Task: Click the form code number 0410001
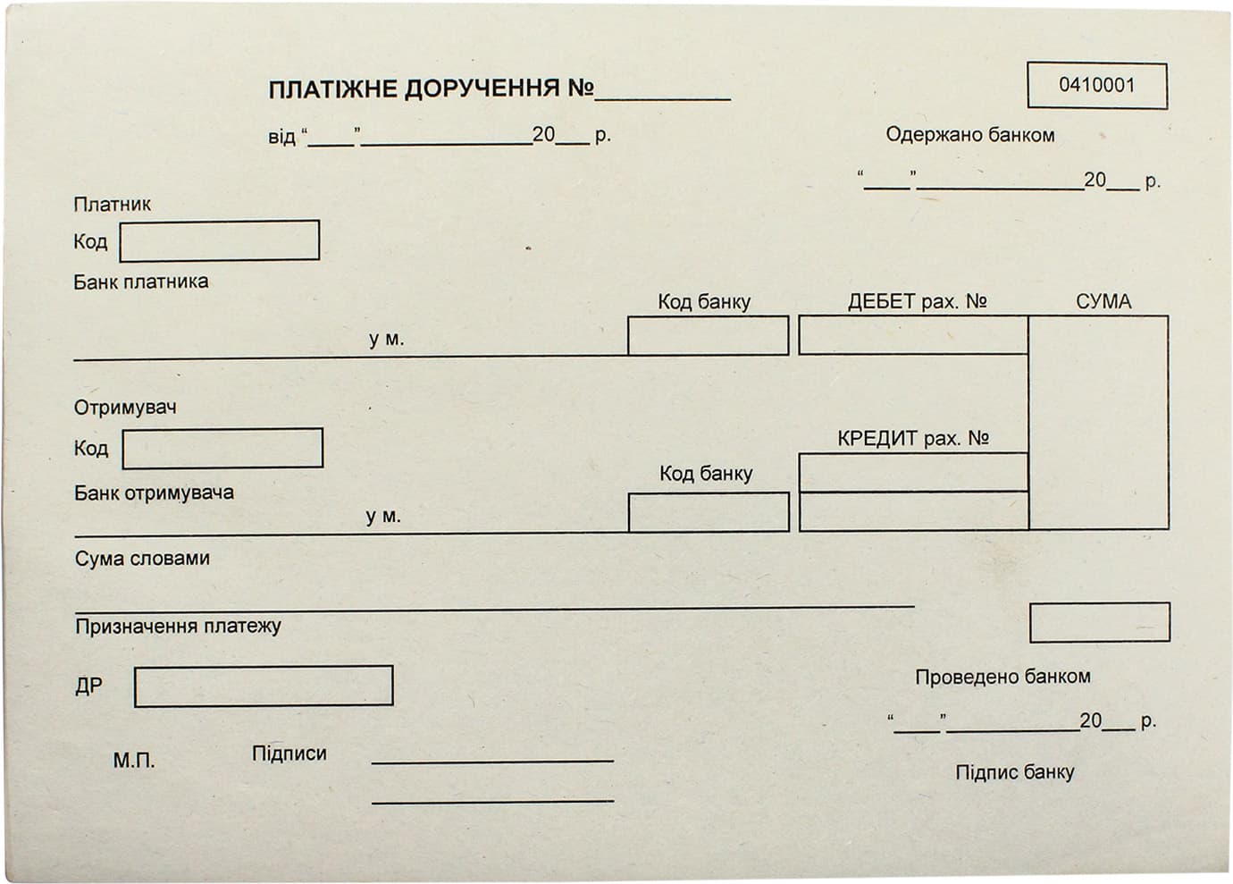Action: [x=1096, y=86]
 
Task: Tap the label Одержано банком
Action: [x=970, y=135]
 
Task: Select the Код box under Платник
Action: [x=220, y=240]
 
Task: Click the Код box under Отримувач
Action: [x=222, y=449]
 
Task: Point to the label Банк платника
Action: [x=141, y=282]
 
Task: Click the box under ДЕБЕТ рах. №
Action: [x=913, y=335]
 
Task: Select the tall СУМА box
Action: [x=1098, y=423]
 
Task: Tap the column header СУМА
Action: [x=1103, y=302]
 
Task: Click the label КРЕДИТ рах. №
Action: [x=913, y=438]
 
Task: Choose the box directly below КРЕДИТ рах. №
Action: [x=913, y=473]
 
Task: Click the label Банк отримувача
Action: [x=154, y=493]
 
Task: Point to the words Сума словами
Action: [x=142, y=559]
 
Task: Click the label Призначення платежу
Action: [x=179, y=627]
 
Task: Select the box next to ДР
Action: [x=264, y=686]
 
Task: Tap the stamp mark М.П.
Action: [x=134, y=761]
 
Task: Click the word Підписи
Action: [x=289, y=754]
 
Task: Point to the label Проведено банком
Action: [x=1002, y=677]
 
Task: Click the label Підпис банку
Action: [x=1014, y=772]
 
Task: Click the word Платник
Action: [x=113, y=205]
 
